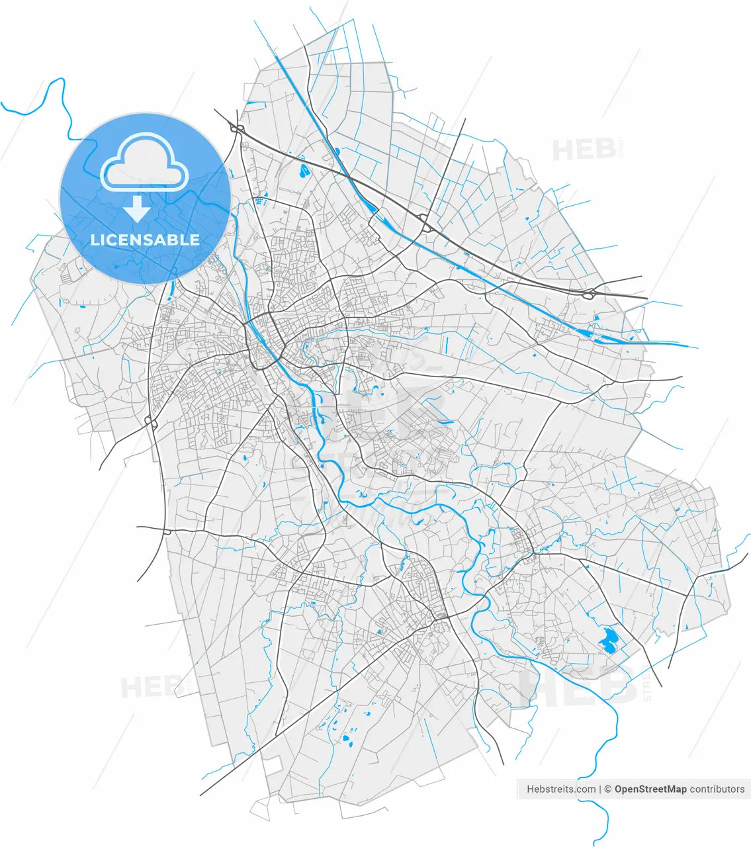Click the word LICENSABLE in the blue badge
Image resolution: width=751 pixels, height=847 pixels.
(x=145, y=240)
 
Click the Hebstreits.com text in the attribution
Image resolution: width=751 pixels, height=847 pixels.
(x=561, y=789)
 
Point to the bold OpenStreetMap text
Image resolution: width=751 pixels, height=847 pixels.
(x=650, y=789)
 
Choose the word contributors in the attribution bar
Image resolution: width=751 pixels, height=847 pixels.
(x=717, y=789)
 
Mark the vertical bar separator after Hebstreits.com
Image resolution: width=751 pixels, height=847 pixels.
(x=601, y=789)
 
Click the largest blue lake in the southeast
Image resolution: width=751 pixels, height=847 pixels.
(x=607, y=639)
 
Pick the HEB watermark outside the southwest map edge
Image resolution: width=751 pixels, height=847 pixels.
(x=152, y=687)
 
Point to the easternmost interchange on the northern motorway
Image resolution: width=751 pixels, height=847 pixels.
(x=588, y=293)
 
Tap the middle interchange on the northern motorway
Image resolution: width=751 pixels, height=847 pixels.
(x=425, y=222)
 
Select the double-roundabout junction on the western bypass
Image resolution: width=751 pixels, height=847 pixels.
(x=150, y=422)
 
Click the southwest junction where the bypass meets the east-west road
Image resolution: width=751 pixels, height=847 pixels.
(x=165, y=531)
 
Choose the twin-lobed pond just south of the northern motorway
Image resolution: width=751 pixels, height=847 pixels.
(x=304, y=171)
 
